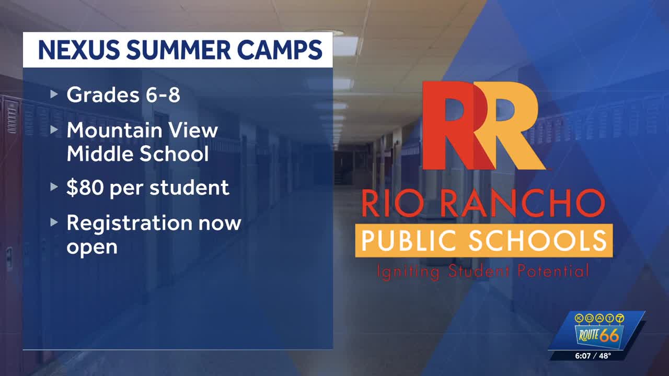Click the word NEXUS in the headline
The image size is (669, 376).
[x=79, y=50]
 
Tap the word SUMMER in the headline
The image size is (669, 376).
[x=179, y=50]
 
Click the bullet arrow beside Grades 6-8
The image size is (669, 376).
[x=54, y=95]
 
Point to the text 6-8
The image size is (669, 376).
[x=163, y=95]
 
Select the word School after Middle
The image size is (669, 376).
[x=174, y=154]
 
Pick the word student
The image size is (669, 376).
[x=189, y=187]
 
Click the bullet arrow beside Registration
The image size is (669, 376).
[x=54, y=222]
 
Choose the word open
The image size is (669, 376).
[x=92, y=248]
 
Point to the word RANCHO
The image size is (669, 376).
[x=523, y=204]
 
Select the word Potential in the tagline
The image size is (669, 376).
[x=553, y=271]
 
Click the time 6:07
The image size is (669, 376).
[x=583, y=356]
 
